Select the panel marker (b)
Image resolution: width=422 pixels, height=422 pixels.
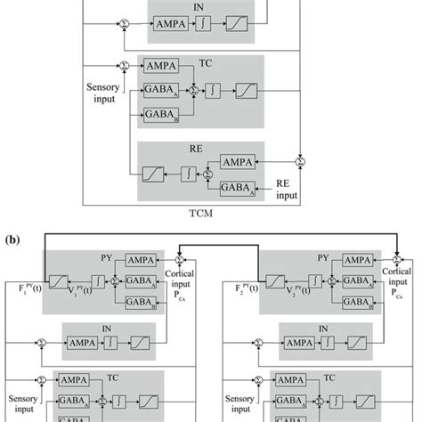point(12,240)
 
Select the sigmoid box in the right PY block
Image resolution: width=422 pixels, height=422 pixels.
point(278,281)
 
